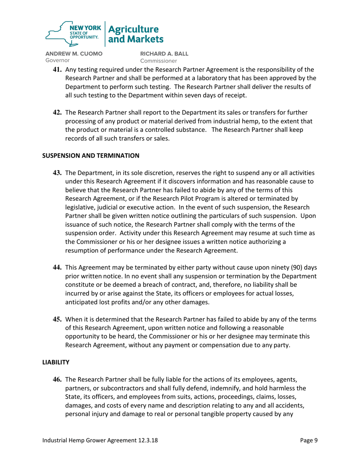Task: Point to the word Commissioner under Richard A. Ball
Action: coord(159,61)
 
